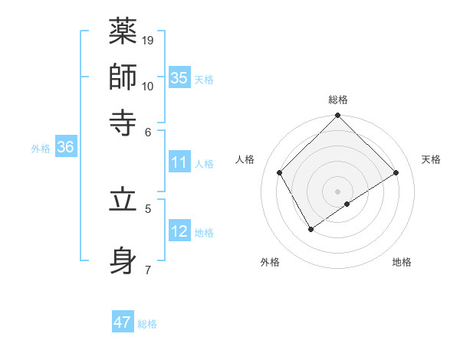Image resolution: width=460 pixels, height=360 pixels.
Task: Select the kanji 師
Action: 123,76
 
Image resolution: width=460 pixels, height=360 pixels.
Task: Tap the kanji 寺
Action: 123,121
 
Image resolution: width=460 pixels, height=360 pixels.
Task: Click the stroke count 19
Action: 148,40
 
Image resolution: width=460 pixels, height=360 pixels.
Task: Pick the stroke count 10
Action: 148,85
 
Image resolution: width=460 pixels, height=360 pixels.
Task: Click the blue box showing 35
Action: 179,77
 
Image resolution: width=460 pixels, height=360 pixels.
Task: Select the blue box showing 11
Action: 179,162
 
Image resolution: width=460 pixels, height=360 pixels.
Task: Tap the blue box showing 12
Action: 179,231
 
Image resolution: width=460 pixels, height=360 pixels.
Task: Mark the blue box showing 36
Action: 65,147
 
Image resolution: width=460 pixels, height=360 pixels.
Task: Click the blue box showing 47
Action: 123,322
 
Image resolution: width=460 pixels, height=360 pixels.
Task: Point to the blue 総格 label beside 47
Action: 147,324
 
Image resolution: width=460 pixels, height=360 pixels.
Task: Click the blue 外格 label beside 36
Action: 40,149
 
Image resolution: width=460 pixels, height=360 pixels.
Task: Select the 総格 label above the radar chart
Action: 338,100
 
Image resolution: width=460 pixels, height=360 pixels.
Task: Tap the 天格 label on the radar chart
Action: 432,159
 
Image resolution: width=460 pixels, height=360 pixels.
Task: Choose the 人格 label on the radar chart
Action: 245,159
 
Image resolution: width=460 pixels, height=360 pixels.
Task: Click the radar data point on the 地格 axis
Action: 347,204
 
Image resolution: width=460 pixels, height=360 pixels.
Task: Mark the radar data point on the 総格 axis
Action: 338,116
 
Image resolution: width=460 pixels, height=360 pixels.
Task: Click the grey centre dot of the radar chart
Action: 338,191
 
